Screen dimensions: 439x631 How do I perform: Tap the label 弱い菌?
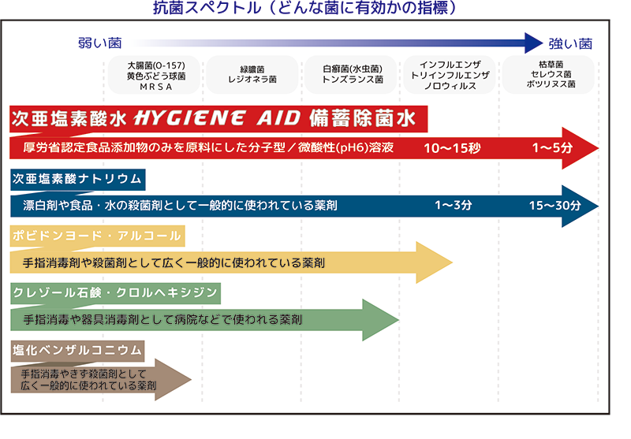click(99, 43)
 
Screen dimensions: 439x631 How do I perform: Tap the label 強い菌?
click(569, 43)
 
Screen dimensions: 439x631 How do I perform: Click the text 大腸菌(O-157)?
click(155, 64)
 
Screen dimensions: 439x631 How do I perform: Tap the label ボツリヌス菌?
click(551, 84)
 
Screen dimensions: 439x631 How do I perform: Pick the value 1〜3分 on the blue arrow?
click(454, 206)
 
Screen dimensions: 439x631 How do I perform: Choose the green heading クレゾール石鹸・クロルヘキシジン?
click(115, 293)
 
